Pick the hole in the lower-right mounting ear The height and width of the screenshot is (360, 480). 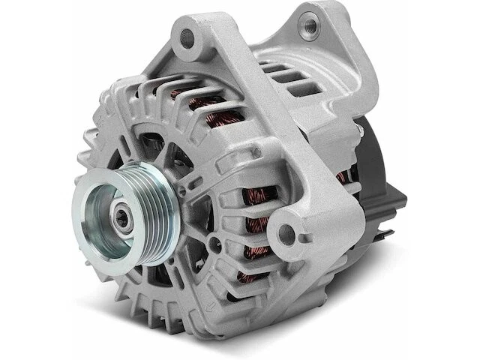point(295,229)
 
